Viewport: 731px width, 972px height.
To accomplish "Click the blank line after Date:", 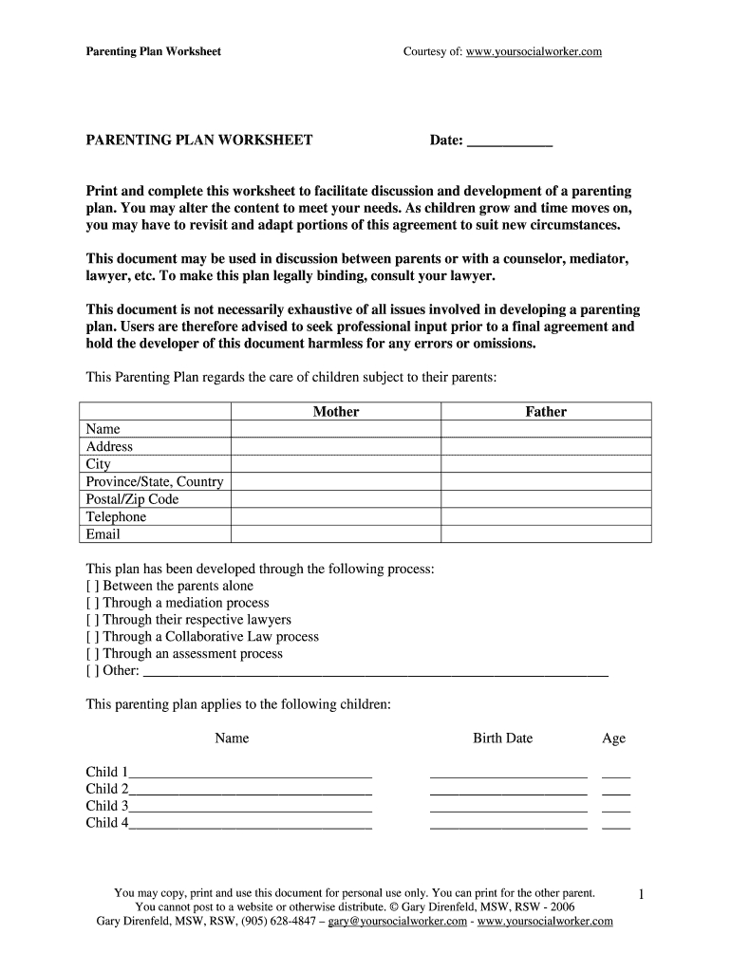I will point(511,142).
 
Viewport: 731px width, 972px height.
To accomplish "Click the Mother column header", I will point(336,412).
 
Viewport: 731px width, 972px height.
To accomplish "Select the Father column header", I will point(546,412).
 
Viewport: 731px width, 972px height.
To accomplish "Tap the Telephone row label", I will point(117,517).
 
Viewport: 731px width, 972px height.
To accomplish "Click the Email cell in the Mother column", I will point(336,534).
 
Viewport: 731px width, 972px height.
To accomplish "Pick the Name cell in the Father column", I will point(546,429).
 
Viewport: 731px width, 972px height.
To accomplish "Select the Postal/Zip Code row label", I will point(132,499).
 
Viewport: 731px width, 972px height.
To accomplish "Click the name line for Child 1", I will point(251,773).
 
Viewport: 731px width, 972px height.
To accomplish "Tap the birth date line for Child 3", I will point(508,807).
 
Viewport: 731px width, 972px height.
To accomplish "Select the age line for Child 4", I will point(616,824).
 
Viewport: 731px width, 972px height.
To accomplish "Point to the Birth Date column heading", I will point(502,738).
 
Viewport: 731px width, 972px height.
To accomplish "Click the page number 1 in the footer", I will point(642,895).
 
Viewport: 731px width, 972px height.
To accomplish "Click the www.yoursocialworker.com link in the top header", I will point(534,51).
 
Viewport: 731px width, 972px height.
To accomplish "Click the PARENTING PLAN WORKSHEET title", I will point(199,140).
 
